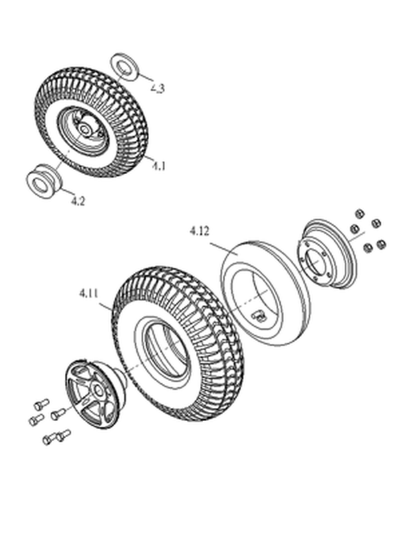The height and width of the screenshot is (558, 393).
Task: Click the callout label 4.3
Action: click(158, 88)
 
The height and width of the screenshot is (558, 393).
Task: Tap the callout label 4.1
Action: click(159, 166)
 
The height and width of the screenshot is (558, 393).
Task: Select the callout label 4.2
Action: click(78, 201)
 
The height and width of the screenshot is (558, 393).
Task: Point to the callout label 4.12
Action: click(199, 232)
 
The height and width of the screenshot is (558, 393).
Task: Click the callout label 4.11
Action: click(89, 294)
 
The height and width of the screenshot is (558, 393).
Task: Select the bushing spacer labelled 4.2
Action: click(44, 181)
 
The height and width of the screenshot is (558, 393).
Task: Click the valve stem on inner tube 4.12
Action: click(259, 315)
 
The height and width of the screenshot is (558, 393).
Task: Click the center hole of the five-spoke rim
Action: click(99, 390)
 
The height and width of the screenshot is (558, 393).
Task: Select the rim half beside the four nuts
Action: click(327, 254)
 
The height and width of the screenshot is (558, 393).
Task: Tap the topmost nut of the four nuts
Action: click(360, 214)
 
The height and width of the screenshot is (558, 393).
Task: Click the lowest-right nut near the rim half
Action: click(381, 244)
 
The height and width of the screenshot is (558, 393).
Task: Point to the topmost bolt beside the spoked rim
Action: click(41, 404)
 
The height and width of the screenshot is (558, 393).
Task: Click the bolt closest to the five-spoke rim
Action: click(58, 414)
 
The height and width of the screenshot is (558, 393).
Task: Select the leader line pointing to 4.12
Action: click(224, 249)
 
